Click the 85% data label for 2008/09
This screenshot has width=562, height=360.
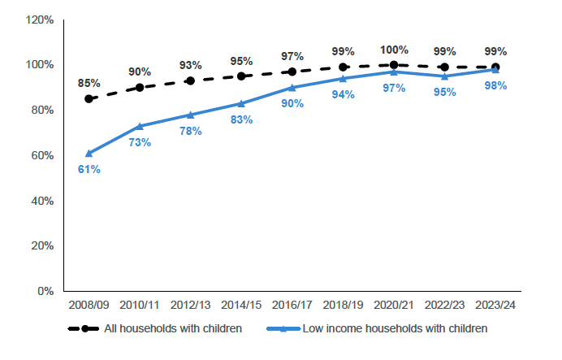(x=89, y=83)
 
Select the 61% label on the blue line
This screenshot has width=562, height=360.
(x=89, y=169)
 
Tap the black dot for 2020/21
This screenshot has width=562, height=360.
(x=394, y=65)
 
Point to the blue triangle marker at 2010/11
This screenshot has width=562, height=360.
(x=140, y=126)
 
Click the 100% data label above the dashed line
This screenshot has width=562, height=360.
(x=394, y=50)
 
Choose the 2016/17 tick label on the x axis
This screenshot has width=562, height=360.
(x=292, y=306)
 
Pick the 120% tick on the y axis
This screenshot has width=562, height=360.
(x=38, y=20)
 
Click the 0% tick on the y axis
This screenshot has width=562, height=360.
(x=44, y=291)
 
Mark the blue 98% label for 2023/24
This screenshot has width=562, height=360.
(x=495, y=85)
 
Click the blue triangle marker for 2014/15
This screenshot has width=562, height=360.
(x=241, y=103)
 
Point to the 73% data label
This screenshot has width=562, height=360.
(x=140, y=142)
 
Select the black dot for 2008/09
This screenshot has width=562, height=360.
(x=89, y=99)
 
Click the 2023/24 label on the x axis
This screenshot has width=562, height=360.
(x=495, y=306)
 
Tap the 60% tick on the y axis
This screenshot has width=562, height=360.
(x=41, y=155)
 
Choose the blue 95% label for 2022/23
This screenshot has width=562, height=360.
(x=444, y=92)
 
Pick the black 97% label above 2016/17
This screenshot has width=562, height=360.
(x=292, y=56)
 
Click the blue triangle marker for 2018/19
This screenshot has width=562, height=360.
(x=343, y=79)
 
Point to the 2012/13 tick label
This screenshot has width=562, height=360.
(x=191, y=306)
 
